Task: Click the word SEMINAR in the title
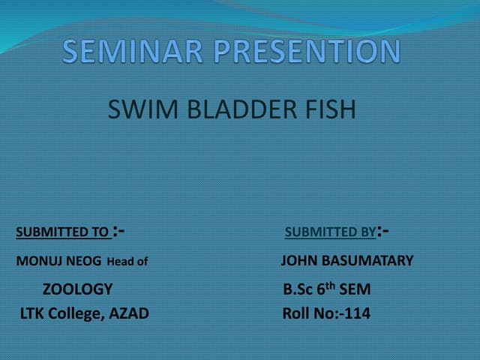pyautogui.click(x=135, y=52)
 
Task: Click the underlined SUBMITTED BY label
pyautogui.click(x=331, y=232)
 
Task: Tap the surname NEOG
pyautogui.click(x=82, y=262)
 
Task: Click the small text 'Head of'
pyautogui.click(x=127, y=262)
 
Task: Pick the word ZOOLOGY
pyautogui.click(x=77, y=289)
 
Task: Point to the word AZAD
pyautogui.click(x=129, y=313)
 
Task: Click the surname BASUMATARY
pyautogui.click(x=368, y=261)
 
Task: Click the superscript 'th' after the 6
pyautogui.click(x=330, y=285)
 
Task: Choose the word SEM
pyautogui.click(x=355, y=289)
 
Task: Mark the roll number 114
pyautogui.click(x=357, y=314)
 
